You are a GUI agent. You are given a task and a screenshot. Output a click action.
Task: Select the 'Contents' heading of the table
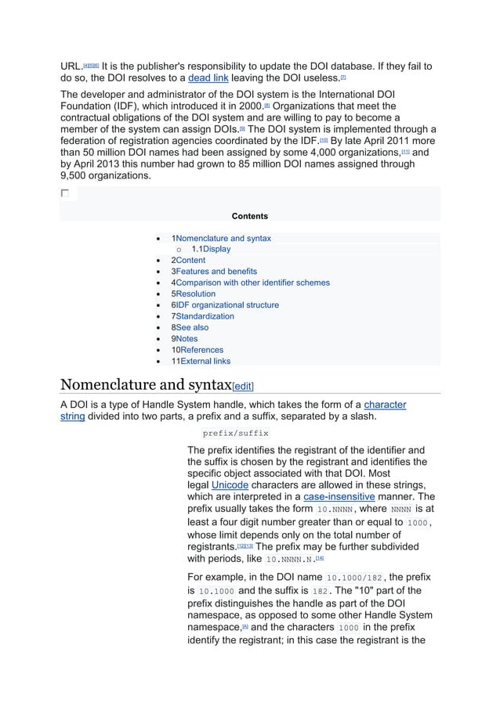250,216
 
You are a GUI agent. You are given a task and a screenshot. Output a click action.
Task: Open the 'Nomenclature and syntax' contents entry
223,238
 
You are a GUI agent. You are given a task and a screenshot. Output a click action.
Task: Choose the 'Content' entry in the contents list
190,260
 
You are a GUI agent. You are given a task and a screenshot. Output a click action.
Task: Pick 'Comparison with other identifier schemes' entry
252,283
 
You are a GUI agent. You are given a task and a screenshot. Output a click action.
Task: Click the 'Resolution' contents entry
195,294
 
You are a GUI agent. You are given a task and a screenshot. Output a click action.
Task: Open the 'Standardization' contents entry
205,316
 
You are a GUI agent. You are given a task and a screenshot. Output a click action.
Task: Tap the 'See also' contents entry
192,328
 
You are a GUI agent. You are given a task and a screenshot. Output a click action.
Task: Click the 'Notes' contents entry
187,339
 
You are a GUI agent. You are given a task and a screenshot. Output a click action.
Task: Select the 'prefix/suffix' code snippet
235,433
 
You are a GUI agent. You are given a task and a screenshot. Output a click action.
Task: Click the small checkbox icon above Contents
64,193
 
